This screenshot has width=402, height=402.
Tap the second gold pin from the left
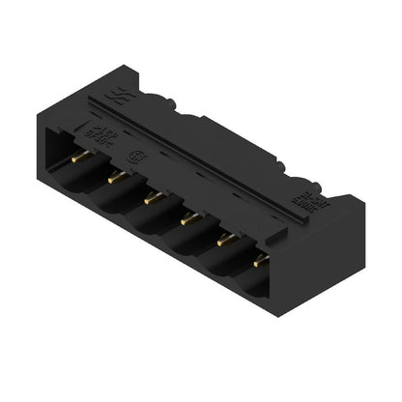coord(116,177)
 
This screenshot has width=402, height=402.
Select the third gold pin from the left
coord(150,197)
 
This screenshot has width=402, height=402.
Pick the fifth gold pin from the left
coord(224,239)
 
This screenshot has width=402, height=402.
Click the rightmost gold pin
coord(259,260)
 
